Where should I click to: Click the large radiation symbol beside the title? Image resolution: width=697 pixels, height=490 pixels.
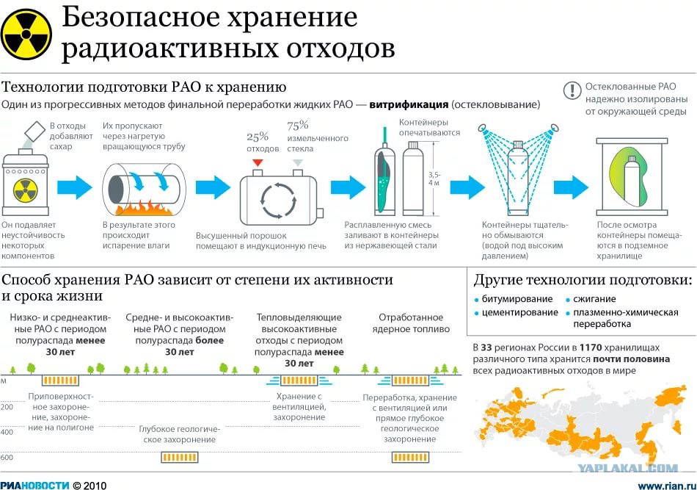pos(26,35)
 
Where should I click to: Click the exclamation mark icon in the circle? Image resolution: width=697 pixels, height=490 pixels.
pos(572,90)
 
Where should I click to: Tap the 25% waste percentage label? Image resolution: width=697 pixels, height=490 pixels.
pos(258,137)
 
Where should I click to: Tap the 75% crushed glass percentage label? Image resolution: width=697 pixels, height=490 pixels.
pos(297,126)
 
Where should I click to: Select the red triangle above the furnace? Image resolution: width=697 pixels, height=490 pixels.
pos(258,162)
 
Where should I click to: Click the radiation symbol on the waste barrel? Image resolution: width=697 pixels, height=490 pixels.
pos(26,190)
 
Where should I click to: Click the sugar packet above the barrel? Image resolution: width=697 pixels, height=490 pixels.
pos(34,131)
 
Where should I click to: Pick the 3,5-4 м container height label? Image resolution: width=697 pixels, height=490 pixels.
pos(434,179)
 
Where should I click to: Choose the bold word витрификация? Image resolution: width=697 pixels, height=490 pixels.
pos(409,104)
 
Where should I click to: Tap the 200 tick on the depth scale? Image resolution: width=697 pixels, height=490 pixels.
pos(7,407)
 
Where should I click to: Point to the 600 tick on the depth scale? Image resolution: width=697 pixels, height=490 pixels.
pos(7,458)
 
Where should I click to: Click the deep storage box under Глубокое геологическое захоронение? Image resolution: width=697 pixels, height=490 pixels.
pos(179,458)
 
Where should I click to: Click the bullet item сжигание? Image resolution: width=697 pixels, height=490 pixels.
pos(591,299)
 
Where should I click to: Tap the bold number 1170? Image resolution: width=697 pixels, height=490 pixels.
pos(591,347)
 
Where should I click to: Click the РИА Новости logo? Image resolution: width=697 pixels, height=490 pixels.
pos(34,485)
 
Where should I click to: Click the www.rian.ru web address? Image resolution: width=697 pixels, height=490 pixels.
pos(666,485)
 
